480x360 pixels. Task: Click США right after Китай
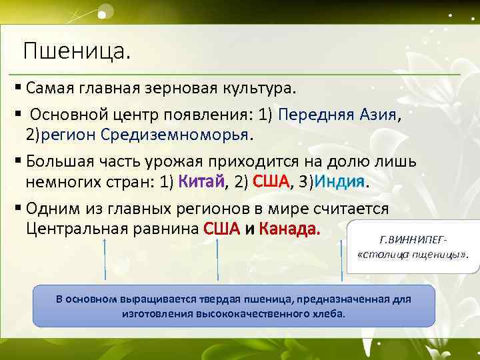tap(271, 181)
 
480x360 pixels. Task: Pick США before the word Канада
tap(221, 229)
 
